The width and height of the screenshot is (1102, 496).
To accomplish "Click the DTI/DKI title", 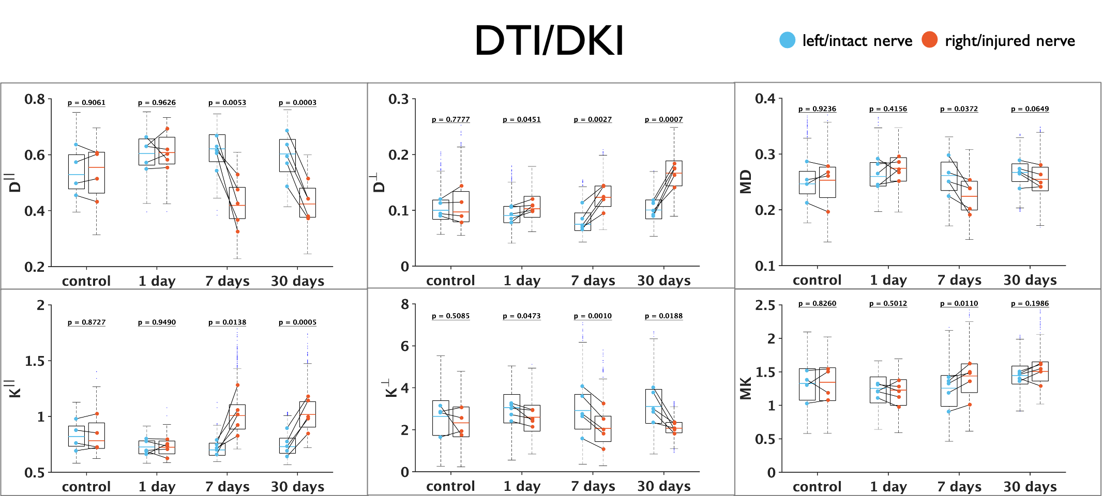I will pos(549,40).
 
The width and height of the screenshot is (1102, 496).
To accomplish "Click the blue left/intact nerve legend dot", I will pos(787,40).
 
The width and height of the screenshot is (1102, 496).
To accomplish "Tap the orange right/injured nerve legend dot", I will pos(929,40).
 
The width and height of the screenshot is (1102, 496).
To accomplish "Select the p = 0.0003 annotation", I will pos(297,102).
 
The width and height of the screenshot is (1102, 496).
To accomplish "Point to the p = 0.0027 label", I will pos(593,119).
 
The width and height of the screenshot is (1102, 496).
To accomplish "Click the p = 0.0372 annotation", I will pos(959,109).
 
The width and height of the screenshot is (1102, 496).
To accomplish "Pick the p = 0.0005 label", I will pos(297,322).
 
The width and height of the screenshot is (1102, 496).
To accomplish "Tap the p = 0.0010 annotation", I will pos(593,316).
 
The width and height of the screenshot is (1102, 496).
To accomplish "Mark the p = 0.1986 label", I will pos(1030,303).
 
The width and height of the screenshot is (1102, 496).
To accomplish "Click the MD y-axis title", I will pos(745,182).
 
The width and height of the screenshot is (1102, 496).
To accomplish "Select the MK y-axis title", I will pos(745,389).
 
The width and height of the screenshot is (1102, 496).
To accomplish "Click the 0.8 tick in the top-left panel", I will pos(35,99).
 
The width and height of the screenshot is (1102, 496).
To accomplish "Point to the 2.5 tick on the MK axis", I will pos(765,305).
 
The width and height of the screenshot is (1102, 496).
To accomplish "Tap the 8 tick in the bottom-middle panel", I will pos(405,304).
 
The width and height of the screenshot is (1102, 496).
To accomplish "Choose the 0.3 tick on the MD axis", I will pos(765,154).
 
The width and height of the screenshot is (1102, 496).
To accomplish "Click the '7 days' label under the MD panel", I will pos(959,280).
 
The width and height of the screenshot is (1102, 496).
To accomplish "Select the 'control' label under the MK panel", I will pos(817,487).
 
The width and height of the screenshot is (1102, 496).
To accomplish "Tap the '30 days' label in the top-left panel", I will pos(297,281).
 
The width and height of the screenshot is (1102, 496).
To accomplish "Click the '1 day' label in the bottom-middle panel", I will pos(522,486).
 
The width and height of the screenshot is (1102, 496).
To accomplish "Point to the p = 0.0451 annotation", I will pos(522,119).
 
